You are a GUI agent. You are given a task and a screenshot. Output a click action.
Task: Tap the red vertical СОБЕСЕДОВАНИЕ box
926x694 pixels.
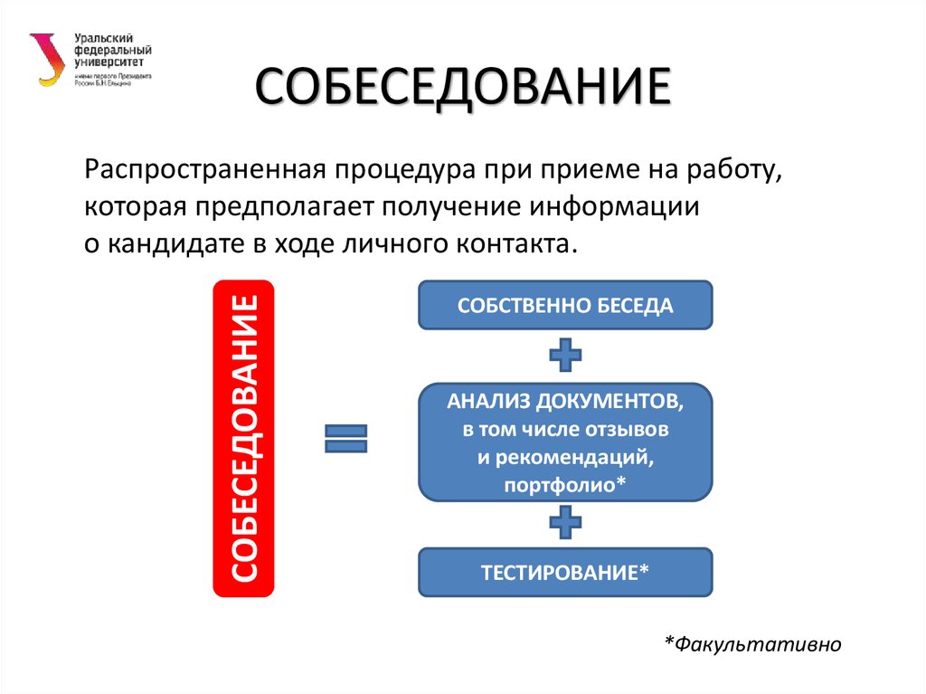coord(243,438)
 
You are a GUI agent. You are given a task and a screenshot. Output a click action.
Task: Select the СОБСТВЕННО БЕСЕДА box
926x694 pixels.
coord(565,305)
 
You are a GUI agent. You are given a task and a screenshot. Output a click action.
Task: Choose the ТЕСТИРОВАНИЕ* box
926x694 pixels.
coord(565,572)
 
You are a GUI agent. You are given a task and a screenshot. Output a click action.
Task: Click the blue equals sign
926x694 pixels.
coord(345,439)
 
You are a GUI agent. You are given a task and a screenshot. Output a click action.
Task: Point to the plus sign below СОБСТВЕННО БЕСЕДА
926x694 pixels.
coord(565,356)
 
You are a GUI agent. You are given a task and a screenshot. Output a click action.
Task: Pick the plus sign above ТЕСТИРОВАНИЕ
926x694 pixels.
coord(565,522)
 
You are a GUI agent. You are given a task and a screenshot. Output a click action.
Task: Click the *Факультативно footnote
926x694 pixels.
coord(753,643)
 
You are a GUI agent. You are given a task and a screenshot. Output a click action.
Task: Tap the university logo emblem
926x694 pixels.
coord(44,60)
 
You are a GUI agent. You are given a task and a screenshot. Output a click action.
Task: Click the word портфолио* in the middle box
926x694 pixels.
coord(565,486)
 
